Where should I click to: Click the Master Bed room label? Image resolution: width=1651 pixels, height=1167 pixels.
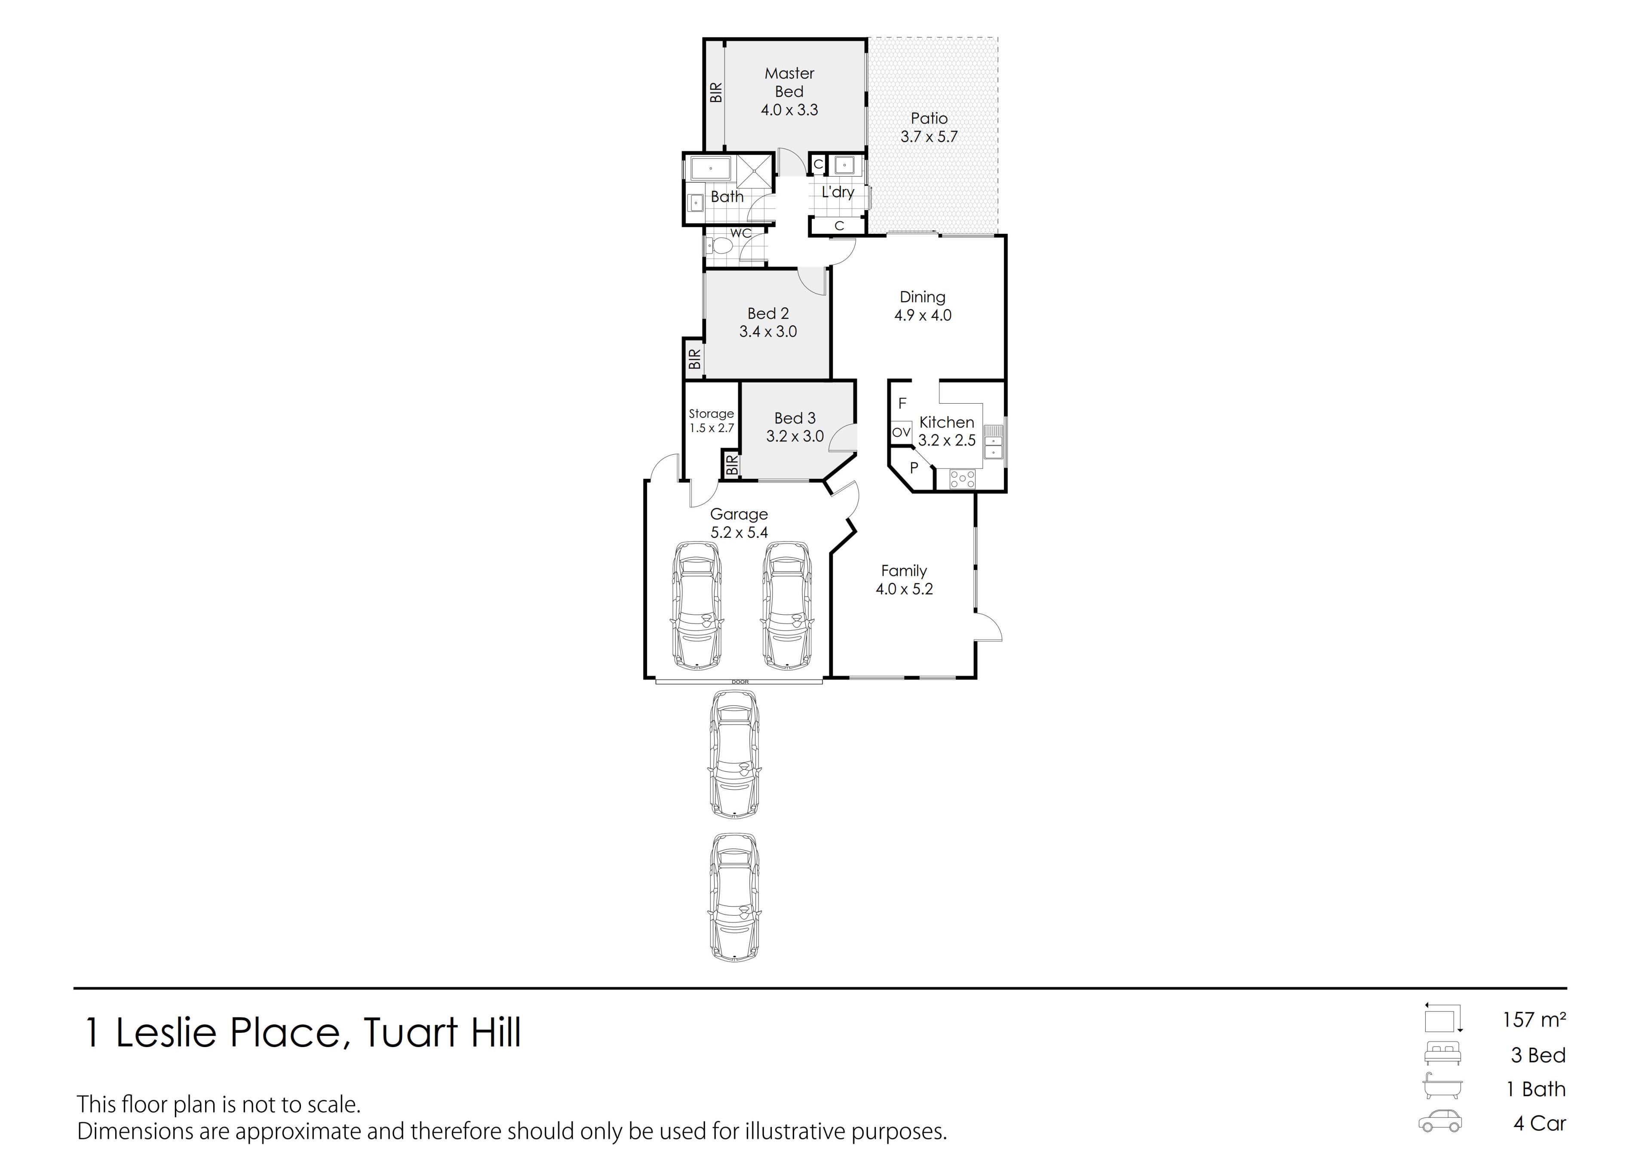point(789,83)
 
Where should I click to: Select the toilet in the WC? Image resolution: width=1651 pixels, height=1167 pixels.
point(720,247)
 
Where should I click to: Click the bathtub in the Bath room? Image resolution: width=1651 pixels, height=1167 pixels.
point(711,168)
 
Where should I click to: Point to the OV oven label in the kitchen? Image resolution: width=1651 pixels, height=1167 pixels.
point(901,432)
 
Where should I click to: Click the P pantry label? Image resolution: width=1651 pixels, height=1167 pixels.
point(914,467)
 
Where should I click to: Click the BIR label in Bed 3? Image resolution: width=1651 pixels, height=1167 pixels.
point(731,465)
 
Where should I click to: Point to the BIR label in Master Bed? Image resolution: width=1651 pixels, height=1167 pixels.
point(715,92)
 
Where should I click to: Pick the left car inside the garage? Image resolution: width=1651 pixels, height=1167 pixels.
point(697,605)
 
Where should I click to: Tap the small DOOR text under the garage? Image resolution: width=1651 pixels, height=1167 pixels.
point(740,682)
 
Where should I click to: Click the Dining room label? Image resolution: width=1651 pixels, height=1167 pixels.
point(923,297)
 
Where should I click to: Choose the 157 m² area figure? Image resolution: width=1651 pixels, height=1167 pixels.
point(1534,1020)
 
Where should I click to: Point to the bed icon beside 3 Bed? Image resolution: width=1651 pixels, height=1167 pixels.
point(1442,1054)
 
